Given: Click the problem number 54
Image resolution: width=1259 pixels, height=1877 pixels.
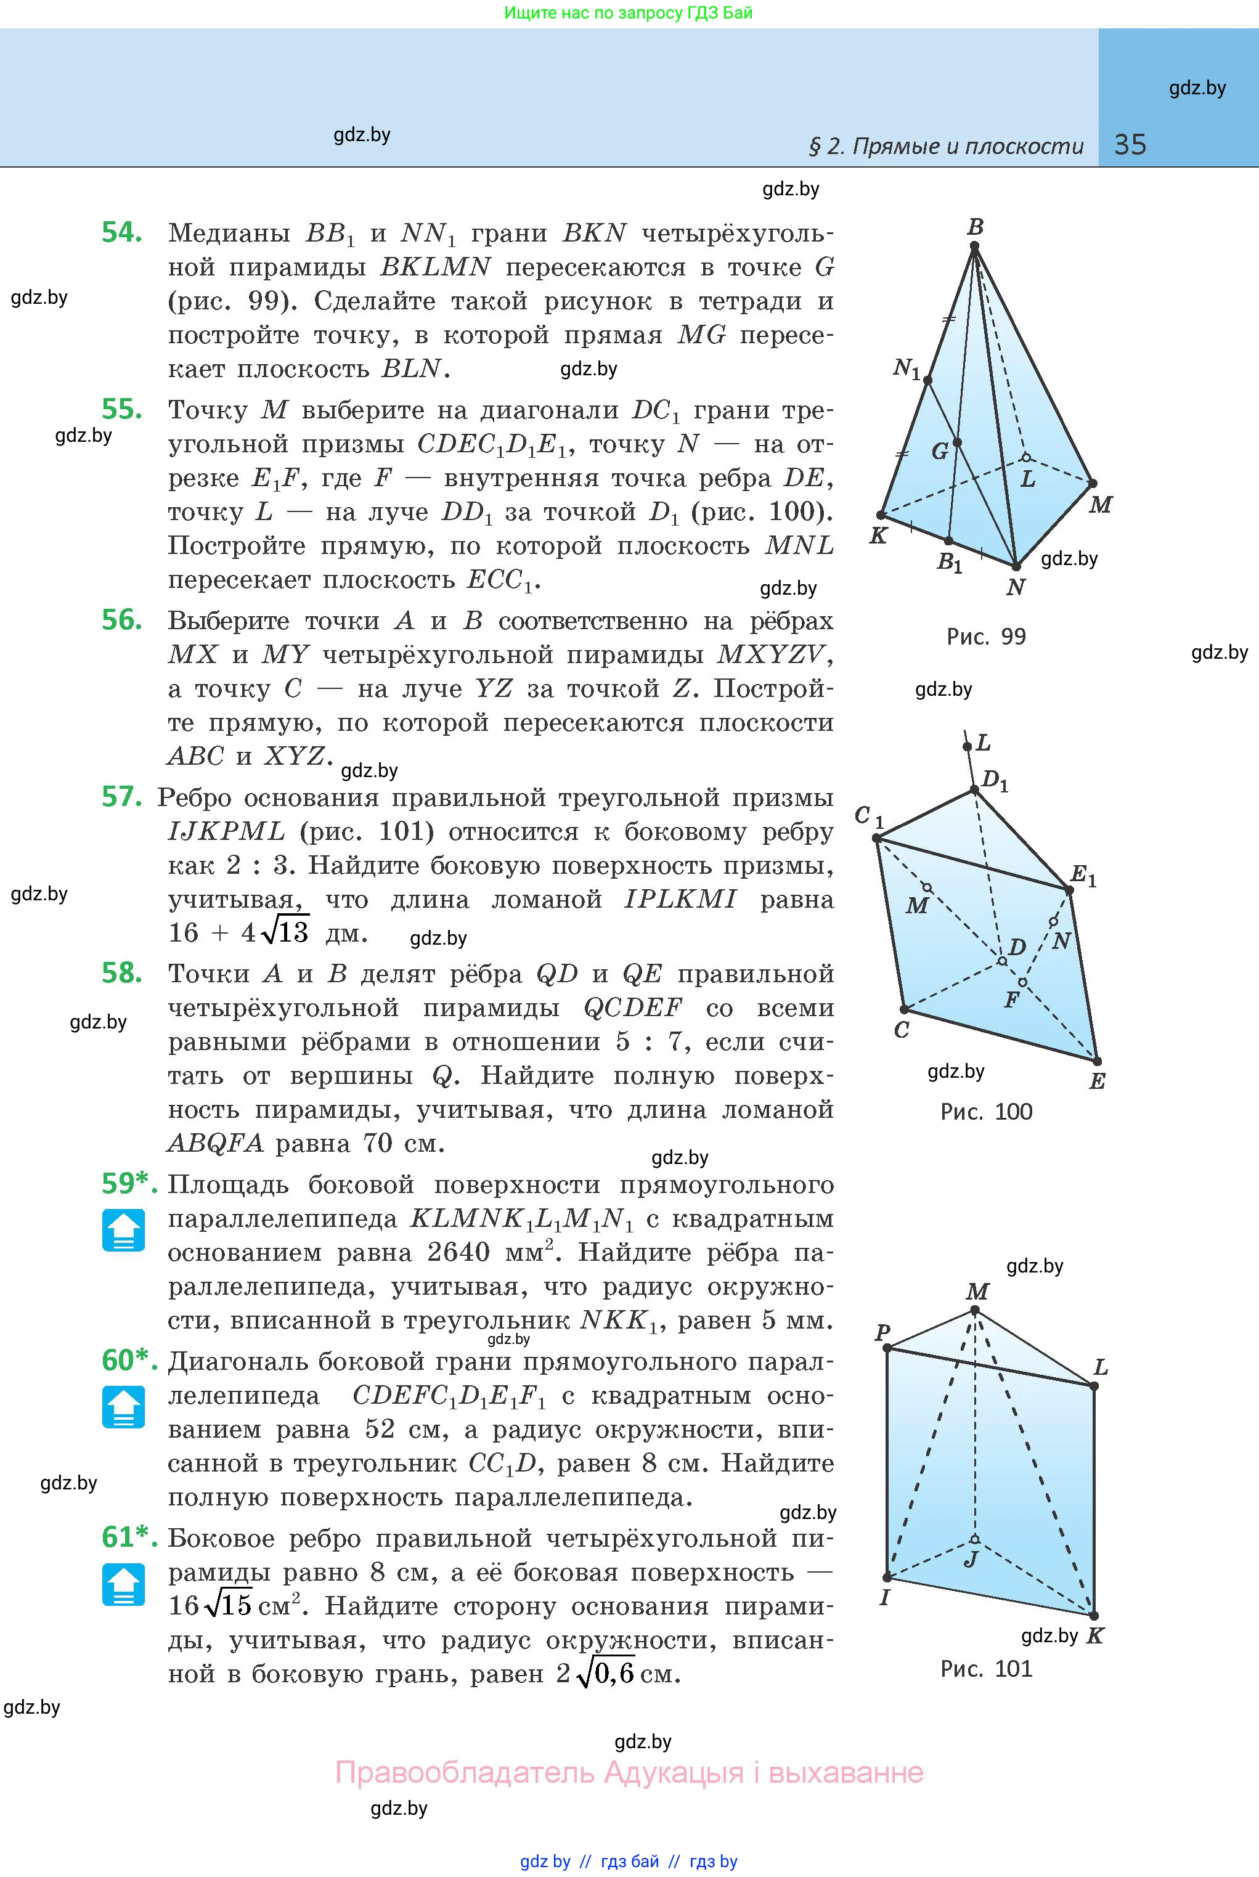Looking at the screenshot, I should [122, 233].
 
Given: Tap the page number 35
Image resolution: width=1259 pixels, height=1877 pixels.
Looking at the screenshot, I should [1130, 145].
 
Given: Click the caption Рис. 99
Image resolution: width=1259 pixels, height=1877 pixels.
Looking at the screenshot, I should [985, 637].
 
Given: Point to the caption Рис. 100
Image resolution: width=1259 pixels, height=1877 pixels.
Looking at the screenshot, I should [985, 1112].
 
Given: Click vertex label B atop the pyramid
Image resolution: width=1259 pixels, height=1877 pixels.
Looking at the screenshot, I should [976, 227].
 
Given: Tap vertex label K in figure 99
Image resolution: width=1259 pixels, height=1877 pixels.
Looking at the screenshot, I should [878, 535].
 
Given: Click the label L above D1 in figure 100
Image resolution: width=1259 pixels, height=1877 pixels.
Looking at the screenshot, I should [984, 743].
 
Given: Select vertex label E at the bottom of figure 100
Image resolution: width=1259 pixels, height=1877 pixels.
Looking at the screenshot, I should [1098, 1081].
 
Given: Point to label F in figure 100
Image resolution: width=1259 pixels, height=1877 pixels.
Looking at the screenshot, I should [1012, 1000].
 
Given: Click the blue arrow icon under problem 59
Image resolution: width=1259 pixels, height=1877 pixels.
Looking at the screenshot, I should [124, 1230].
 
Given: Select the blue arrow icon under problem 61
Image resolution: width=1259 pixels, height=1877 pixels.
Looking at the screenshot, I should [124, 1584].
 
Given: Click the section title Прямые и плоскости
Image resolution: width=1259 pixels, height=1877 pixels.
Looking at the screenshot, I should [967, 146].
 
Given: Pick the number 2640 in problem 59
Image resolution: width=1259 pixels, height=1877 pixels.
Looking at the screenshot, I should [458, 1253].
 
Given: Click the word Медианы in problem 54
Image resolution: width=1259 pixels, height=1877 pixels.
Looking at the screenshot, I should [229, 234].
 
